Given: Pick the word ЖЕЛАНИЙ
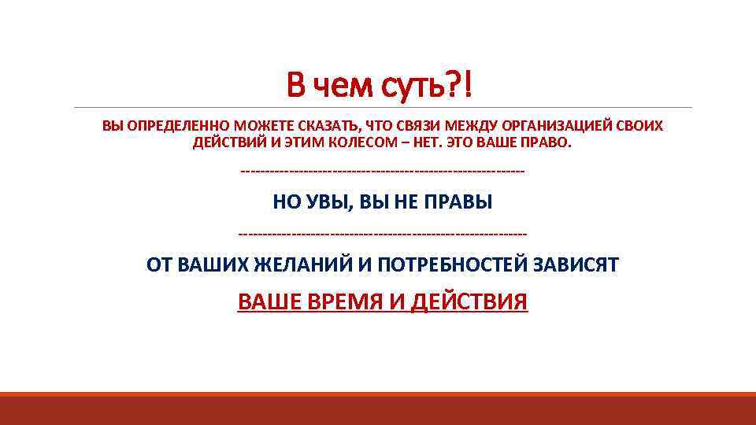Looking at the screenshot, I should click(x=304, y=265).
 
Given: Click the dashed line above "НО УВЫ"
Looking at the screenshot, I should click(x=383, y=171).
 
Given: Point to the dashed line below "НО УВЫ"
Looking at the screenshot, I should click(x=383, y=233).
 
